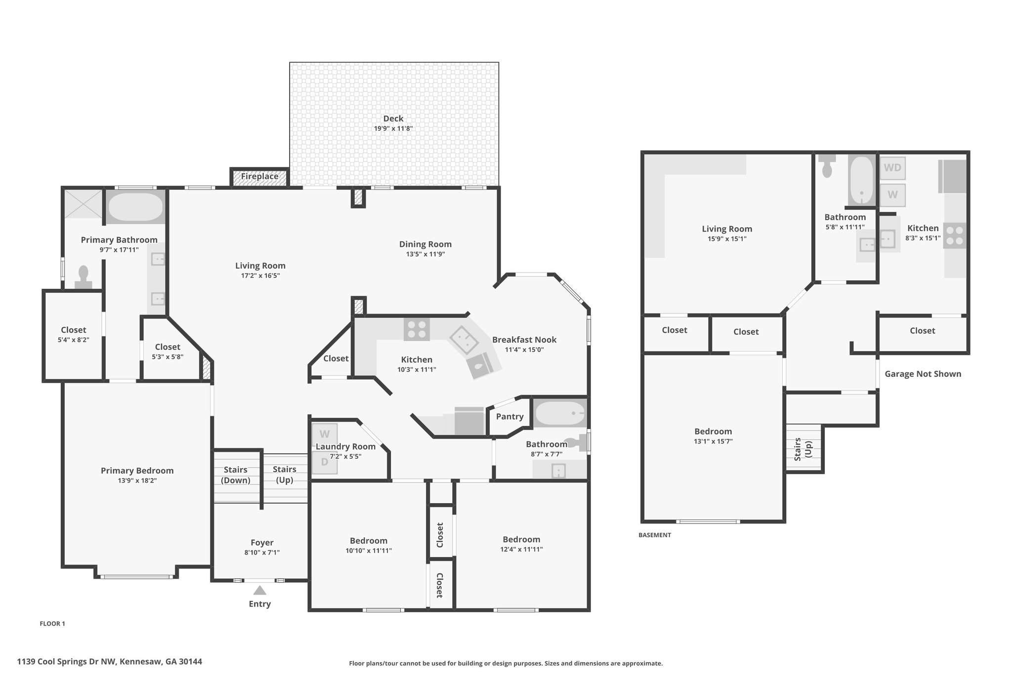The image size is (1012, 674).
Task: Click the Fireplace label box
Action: point(259,177)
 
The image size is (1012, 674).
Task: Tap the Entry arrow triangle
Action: point(259,591)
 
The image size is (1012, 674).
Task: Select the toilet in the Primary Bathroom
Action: point(83,277)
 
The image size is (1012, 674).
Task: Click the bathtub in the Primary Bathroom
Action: point(135,207)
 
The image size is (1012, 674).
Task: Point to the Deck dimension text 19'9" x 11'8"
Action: point(393,129)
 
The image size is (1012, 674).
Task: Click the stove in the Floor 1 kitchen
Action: point(417,329)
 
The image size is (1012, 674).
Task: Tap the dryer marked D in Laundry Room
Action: point(324,462)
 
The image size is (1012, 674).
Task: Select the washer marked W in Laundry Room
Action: point(324,435)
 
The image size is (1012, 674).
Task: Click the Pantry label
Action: point(509,417)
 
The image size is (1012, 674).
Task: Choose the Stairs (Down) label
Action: point(235,475)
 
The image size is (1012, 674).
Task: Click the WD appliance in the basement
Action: point(892,167)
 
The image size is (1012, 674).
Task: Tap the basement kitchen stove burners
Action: point(955,236)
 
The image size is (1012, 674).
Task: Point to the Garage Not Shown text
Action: point(923,374)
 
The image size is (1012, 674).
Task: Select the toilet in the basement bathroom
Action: point(827,166)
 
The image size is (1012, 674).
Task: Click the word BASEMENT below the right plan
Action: point(655,535)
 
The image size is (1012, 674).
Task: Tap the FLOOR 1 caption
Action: point(52,624)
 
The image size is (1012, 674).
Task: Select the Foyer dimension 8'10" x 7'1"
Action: point(262,553)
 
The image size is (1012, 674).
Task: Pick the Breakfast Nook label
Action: point(524,340)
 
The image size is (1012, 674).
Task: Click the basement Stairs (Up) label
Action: point(803,449)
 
